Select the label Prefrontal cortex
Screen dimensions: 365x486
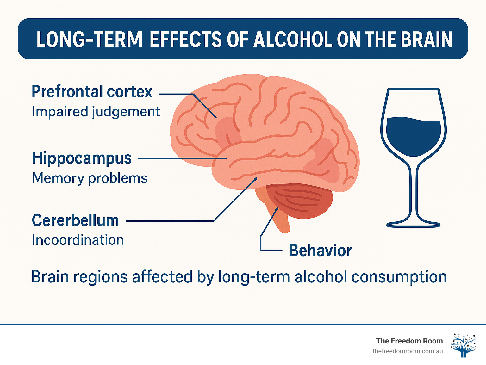[x=92, y=92]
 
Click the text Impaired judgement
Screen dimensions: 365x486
[x=96, y=112]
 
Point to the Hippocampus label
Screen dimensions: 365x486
[x=82, y=158]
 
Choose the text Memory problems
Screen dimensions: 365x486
[x=90, y=178]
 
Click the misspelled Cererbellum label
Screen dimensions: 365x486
[x=75, y=220]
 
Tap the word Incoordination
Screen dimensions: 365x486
[x=78, y=240]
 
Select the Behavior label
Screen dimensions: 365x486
[x=320, y=251]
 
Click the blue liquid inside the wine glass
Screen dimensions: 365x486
[x=414, y=136]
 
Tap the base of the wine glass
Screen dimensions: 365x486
[x=413, y=224]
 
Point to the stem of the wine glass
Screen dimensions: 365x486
[x=413, y=190]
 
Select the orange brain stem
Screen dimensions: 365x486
[x=278, y=218]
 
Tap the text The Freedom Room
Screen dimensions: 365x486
[x=409, y=341]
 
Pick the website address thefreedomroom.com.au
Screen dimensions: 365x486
[x=408, y=351]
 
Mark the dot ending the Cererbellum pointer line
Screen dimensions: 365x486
[x=256, y=179]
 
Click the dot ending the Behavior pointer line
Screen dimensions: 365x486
[x=277, y=209]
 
